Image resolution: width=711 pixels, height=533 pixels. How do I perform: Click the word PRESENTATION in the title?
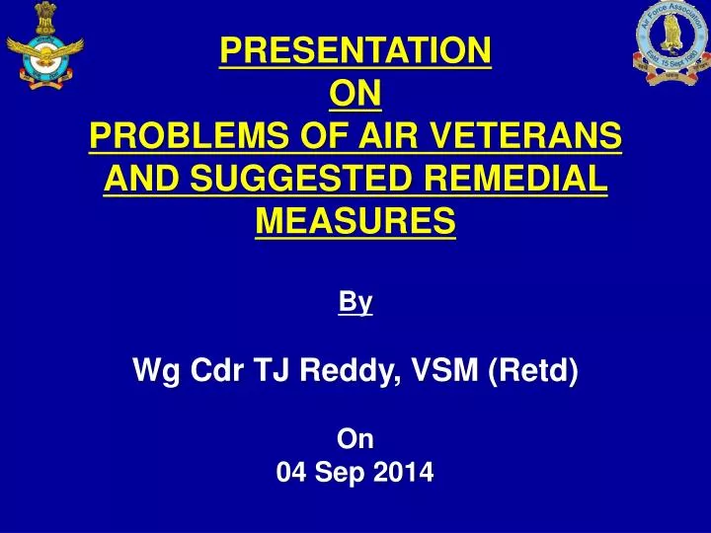355,50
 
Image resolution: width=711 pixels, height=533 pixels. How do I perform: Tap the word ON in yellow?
355,93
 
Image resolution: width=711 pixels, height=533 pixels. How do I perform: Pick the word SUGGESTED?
300,178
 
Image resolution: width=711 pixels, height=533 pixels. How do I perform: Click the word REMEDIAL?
515,178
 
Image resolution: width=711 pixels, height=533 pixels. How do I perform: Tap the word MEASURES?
355,221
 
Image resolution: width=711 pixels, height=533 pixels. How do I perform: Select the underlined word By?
355,302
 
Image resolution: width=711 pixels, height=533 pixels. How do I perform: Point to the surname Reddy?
350,370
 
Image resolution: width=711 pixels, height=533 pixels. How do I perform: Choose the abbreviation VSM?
444,369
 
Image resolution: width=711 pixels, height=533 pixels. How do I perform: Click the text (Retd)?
533,370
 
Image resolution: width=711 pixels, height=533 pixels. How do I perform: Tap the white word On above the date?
355,438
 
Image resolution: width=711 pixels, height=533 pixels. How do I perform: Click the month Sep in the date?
340,473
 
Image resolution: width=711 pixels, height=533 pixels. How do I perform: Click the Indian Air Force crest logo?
44,45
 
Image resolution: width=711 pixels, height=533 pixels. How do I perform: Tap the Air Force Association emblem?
672,42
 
